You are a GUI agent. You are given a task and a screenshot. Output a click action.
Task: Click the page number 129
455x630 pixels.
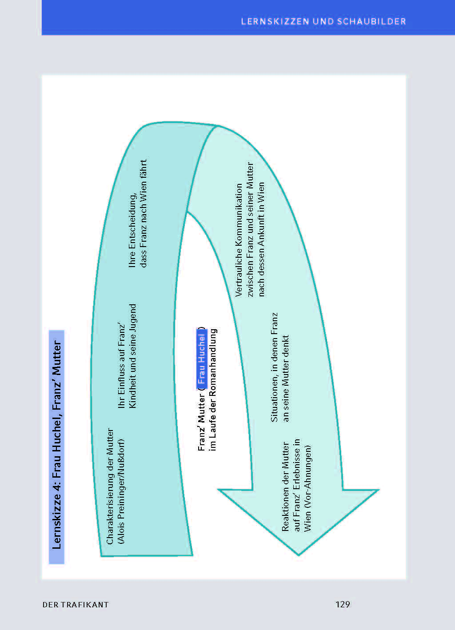pos(343,604)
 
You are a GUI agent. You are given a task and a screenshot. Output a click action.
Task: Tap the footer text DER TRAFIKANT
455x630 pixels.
pos(76,605)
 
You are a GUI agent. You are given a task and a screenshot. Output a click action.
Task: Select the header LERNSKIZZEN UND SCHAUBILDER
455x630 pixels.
pos(323,21)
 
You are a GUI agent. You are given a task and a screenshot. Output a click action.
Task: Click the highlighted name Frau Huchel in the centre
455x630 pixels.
pos(202,359)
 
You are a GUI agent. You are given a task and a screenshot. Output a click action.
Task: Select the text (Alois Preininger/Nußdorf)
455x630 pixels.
pos(121,491)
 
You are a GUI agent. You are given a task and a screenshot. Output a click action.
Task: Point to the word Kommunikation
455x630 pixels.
pos(239,214)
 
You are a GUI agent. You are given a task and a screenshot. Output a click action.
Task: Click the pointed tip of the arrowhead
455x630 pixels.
pos(299,555)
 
